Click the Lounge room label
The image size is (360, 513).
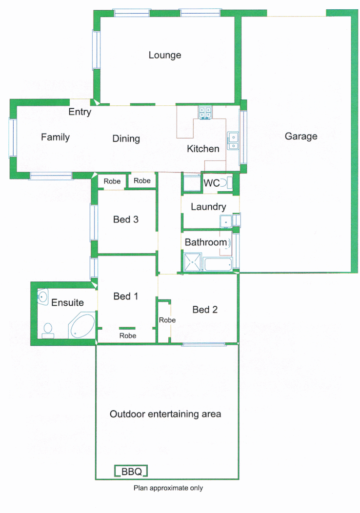(x=165, y=55)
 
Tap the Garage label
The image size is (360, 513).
(x=301, y=137)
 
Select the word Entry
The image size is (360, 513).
(x=80, y=112)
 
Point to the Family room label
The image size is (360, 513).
(x=55, y=137)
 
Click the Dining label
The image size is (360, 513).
(x=126, y=138)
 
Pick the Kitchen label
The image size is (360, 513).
(x=203, y=149)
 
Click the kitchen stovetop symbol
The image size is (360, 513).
(x=205, y=113)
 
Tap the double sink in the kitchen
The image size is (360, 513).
(x=234, y=140)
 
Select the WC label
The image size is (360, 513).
(x=211, y=183)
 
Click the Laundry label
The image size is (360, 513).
(x=208, y=207)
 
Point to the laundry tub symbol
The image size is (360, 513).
(x=226, y=221)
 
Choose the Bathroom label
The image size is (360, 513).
(x=206, y=242)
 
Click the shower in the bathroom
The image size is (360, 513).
(x=193, y=262)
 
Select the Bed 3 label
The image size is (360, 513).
(x=126, y=219)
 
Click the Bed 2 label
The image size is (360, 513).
(x=205, y=310)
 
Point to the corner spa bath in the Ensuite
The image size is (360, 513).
(x=81, y=326)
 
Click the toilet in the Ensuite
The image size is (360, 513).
(x=48, y=330)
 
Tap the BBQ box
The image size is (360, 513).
(x=131, y=472)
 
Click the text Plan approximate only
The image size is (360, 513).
(x=168, y=488)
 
